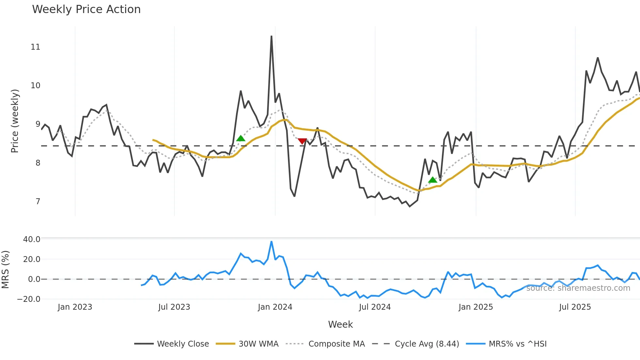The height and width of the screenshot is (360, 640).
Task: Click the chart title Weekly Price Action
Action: point(86,9)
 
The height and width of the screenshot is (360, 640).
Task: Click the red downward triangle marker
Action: point(302,141)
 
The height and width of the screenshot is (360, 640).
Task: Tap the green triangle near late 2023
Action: point(241,139)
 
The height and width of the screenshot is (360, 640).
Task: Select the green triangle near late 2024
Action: point(433,180)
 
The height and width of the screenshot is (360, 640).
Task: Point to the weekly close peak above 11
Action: point(271,37)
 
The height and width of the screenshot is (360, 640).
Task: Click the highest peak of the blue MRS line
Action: point(271,242)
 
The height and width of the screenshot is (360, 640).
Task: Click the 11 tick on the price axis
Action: point(35,47)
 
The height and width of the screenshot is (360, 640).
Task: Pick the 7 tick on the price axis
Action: point(38,202)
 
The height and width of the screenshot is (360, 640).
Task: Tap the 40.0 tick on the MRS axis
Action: point(32,239)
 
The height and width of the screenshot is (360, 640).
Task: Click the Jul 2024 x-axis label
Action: point(375,307)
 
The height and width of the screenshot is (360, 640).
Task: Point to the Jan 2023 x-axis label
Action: point(75,307)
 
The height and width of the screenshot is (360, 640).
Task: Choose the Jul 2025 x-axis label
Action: point(575,307)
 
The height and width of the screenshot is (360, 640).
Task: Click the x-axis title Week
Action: point(340,324)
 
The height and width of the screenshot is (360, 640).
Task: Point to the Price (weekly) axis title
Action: point(15,121)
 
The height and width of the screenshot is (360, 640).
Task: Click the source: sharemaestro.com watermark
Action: point(578,288)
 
